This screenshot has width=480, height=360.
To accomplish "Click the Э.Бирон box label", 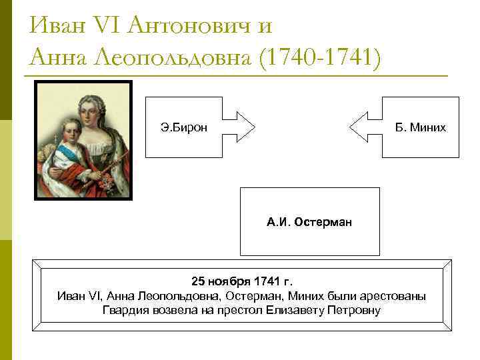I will coord(179,127).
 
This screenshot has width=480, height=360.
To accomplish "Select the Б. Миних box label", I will coord(420,127).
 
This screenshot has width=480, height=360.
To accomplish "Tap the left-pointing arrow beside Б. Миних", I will coord(365,127).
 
